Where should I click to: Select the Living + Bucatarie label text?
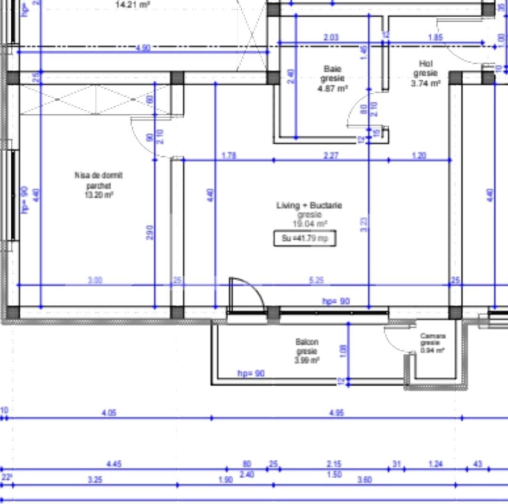coord(309,205)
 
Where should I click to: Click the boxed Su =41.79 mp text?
coord(305,238)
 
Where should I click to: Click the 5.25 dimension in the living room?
coord(316,280)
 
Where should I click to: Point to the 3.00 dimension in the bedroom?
coord(95,280)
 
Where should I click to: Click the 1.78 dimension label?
coord(229,155)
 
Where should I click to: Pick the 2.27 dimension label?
coord(331,155)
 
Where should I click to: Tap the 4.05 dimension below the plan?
coord(109,413)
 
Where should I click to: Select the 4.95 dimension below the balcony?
coord(336,413)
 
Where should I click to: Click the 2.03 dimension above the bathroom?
coord(331,38)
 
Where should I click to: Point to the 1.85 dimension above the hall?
coord(435,38)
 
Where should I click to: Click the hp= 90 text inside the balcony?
coord(251,374)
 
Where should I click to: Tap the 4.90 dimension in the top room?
coord(143,48)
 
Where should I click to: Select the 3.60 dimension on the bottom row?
coord(364,480)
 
